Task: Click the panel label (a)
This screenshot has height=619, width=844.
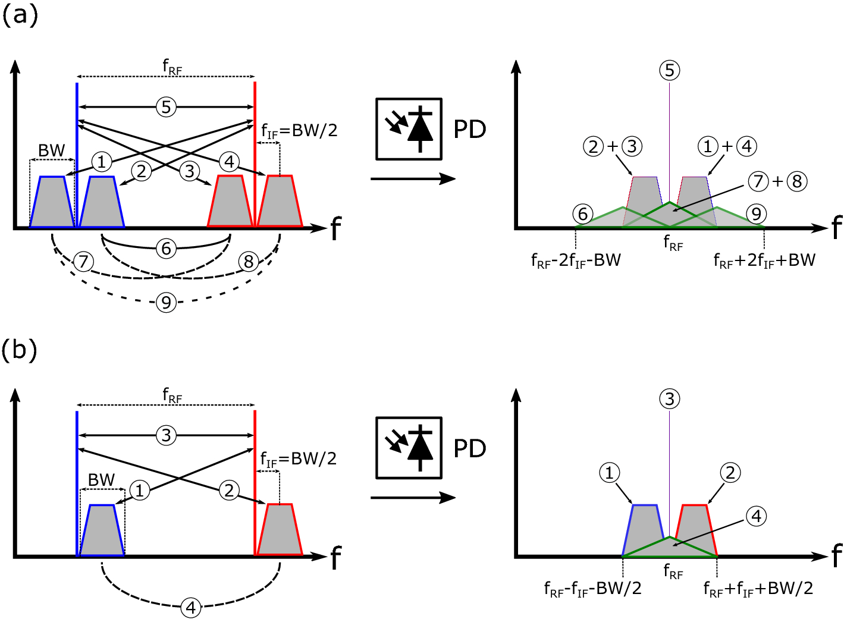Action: pyautogui.click(x=20, y=15)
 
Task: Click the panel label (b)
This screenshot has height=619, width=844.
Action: pyautogui.click(x=20, y=350)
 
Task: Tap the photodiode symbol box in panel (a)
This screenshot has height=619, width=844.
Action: pyautogui.click(x=409, y=129)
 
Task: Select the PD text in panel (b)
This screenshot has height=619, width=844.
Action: pyautogui.click(x=469, y=448)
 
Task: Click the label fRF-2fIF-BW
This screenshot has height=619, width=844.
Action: pyautogui.click(x=576, y=260)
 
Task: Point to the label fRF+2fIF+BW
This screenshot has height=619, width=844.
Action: pyautogui.click(x=764, y=260)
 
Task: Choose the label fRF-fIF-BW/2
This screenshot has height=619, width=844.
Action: pyautogui.click(x=592, y=589)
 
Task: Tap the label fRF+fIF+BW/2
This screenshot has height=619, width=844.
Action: pyautogui.click(x=758, y=589)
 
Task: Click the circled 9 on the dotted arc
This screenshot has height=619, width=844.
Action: pyautogui.click(x=167, y=303)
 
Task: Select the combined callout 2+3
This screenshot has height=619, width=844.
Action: pyautogui.click(x=613, y=146)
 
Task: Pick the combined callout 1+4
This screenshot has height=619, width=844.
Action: pyautogui.click(x=727, y=146)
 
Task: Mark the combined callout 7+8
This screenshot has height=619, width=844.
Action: pyautogui.click(x=777, y=181)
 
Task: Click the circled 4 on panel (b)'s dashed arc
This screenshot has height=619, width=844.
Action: pyautogui.click(x=190, y=608)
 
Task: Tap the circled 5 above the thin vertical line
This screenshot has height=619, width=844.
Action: pyautogui.click(x=670, y=70)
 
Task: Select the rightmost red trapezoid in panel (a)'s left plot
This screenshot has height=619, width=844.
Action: pyautogui.click(x=280, y=202)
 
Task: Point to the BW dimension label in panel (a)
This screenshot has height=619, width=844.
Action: pyautogui.click(x=52, y=150)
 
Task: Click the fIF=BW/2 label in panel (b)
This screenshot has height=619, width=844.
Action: pyautogui.click(x=299, y=458)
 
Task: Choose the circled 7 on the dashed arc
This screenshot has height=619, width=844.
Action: pyautogui.click(x=83, y=261)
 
